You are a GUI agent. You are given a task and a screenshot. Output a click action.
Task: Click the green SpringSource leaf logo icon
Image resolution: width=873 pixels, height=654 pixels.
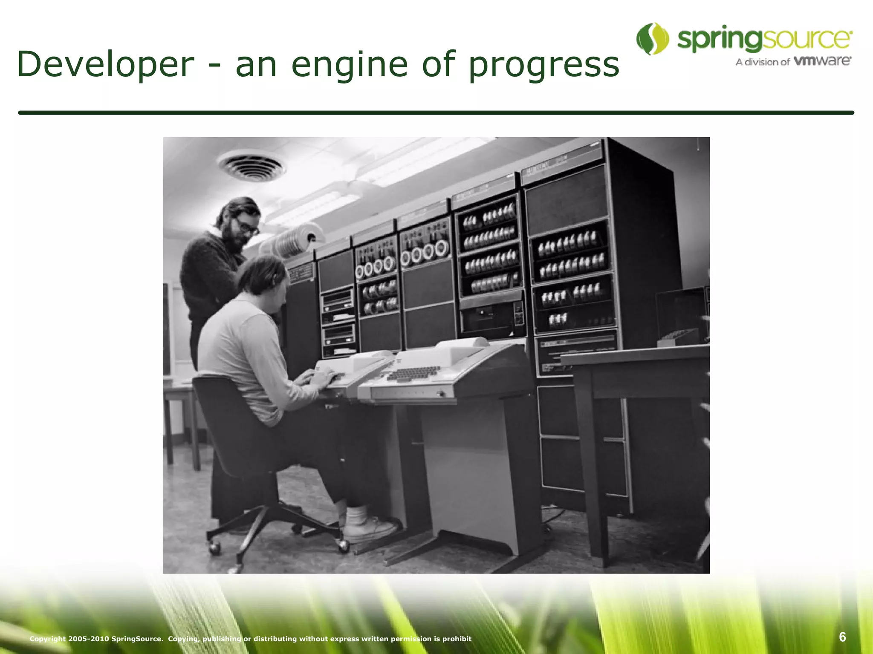652,39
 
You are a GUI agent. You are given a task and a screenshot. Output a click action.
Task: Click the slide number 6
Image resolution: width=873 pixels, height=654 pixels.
842,637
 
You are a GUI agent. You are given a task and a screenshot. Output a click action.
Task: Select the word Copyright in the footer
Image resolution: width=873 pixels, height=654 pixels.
48,638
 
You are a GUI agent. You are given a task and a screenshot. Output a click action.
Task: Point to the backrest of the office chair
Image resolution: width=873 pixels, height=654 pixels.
226,422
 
